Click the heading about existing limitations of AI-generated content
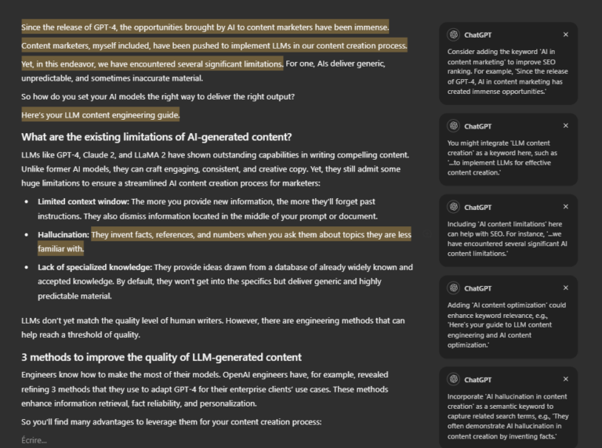pos(156,137)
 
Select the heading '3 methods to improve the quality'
pos(161,358)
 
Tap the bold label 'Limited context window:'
pos(84,201)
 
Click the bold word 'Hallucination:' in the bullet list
pos(63,235)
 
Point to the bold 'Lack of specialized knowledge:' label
pos(95,268)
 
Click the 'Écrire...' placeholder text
pos(34,440)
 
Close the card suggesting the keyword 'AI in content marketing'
pos(566,34)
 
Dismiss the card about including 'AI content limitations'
pos(566,208)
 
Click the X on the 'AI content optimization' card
pos(566,288)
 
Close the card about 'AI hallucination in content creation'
pos(566,379)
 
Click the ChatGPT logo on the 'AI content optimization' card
pos(453,288)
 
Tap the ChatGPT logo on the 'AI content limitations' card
pos(453,208)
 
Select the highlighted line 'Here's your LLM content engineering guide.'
pos(100,115)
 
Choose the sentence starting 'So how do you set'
pos(158,97)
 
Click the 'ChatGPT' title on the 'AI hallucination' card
pos(477,379)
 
